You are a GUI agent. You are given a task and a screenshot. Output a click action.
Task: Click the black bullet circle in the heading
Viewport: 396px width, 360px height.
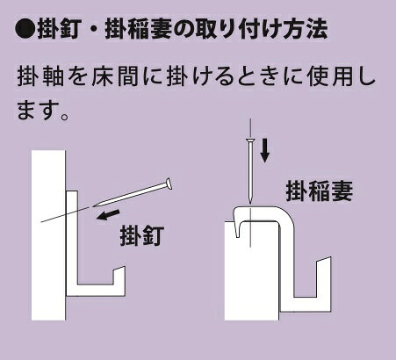tap(25, 29)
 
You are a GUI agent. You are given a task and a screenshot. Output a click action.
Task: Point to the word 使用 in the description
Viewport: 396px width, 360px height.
tap(330, 77)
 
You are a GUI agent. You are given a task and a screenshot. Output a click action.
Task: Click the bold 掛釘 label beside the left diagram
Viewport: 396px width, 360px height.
tap(142, 235)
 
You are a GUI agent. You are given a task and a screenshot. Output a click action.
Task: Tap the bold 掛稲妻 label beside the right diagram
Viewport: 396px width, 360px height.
tap(320, 191)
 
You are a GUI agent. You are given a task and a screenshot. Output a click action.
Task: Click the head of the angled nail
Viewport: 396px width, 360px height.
tap(168, 184)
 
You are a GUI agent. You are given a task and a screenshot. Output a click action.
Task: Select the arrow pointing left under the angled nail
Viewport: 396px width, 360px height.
tap(108, 215)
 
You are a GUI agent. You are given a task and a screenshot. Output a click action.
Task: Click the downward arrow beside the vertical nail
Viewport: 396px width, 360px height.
tap(265, 150)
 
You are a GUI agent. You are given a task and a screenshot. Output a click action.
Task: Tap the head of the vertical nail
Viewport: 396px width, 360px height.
tap(250, 140)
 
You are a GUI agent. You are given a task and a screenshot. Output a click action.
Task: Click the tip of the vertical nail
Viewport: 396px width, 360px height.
tap(250, 202)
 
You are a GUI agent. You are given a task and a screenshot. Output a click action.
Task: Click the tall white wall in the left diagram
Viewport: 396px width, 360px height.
tap(48, 235)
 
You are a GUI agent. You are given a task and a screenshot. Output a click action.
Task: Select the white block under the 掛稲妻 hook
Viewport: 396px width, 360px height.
tap(251, 270)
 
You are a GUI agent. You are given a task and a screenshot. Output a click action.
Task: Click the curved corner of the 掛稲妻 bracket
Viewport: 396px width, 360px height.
tap(288, 214)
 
